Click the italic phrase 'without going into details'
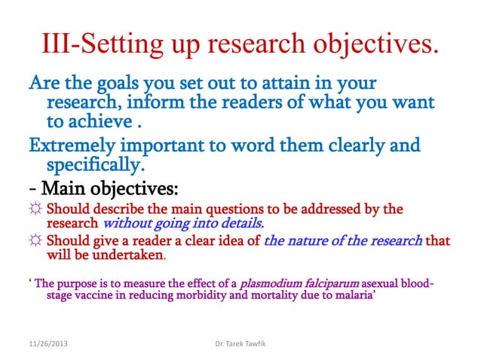coord(182,224)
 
